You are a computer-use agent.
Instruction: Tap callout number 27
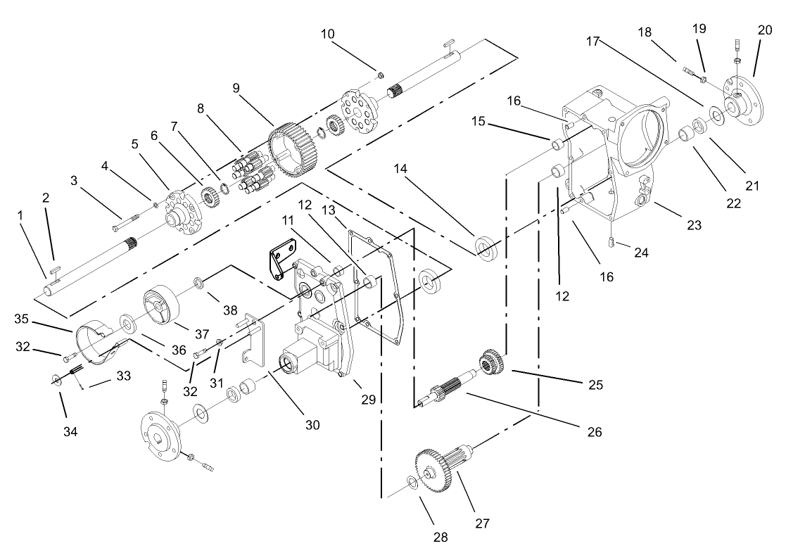point(482,523)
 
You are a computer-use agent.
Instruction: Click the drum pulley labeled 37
point(163,301)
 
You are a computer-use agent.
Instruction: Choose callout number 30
point(312,424)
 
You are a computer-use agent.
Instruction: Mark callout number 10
point(328,33)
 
